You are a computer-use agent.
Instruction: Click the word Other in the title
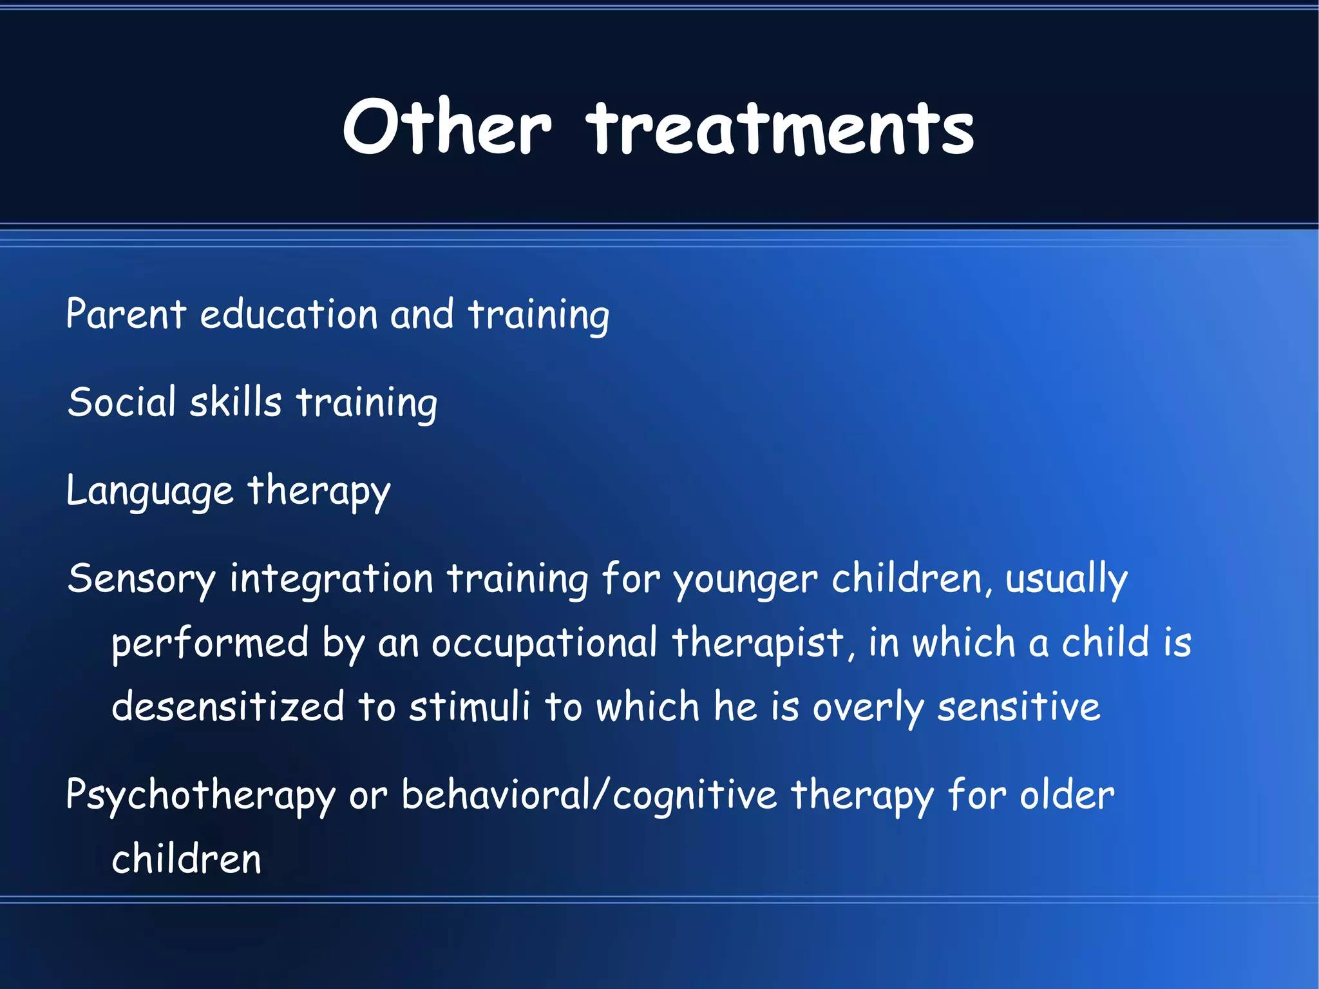click(x=447, y=128)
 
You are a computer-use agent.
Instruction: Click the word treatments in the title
click(x=780, y=129)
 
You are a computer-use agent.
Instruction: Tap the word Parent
click(x=126, y=314)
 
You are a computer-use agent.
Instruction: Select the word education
click(x=289, y=314)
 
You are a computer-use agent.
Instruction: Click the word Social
click(x=122, y=402)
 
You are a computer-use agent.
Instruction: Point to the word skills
click(x=236, y=402)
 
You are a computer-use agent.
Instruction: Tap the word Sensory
click(x=141, y=579)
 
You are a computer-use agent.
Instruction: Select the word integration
click(x=331, y=578)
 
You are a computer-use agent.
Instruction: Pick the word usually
click(x=1066, y=579)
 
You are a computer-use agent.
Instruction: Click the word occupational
click(x=544, y=644)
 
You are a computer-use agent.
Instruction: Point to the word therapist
click(x=757, y=644)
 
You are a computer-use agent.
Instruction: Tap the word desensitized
click(x=228, y=706)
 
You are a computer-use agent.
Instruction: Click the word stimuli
click(x=470, y=706)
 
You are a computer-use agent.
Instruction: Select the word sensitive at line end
click(x=1018, y=706)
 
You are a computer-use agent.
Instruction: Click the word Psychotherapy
click(x=200, y=796)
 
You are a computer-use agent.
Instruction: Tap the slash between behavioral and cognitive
click(x=600, y=794)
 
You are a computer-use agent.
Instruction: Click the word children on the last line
click(x=186, y=859)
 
